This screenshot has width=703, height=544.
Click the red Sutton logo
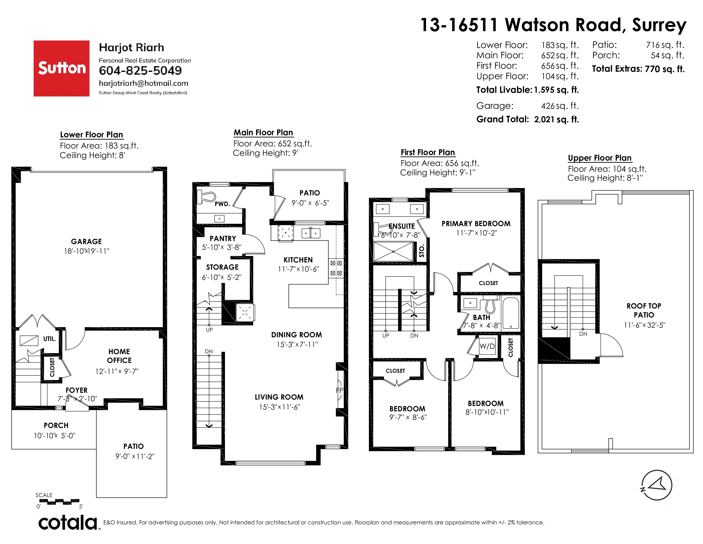click(x=62, y=68)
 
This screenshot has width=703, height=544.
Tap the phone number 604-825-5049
click(x=140, y=71)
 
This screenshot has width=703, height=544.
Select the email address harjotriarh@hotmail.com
click(x=144, y=83)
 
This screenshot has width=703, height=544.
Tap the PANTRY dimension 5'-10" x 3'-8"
click(x=222, y=247)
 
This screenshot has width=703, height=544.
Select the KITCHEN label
click(x=298, y=260)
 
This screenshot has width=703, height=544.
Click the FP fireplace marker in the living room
click(x=340, y=390)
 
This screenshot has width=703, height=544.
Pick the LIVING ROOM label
click(x=279, y=397)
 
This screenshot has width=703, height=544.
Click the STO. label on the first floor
click(x=422, y=250)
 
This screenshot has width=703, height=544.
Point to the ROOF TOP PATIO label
click(x=644, y=310)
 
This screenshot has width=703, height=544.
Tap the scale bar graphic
click(x=59, y=502)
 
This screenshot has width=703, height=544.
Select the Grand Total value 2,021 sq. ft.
click(x=556, y=119)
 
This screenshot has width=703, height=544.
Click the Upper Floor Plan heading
click(x=600, y=158)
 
